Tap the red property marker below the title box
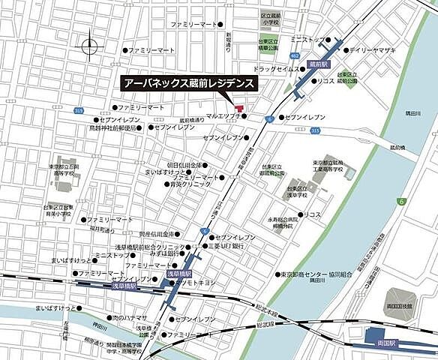239,109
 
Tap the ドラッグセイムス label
278,68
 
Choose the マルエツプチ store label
223,117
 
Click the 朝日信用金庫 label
184,165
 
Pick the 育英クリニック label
187,184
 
